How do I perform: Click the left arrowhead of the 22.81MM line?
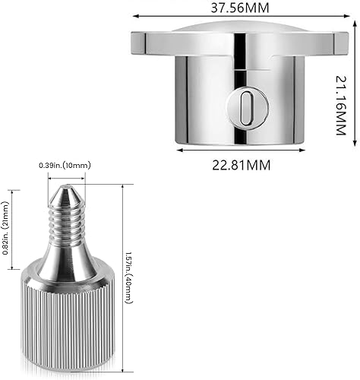pos(180,149)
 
